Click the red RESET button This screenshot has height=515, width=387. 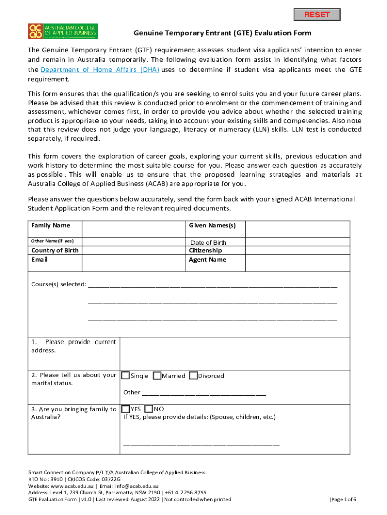pyautogui.click(x=316, y=14)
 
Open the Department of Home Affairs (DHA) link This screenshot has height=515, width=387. pyautogui.click(x=100, y=70)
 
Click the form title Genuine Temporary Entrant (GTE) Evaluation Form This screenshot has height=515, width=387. pyautogui.click(x=222, y=33)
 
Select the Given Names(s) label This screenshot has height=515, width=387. pyautogui.click(x=212, y=225)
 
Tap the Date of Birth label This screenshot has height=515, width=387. pyautogui.click(x=208, y=243)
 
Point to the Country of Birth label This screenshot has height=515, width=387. pyautogui.click(x=55, y=250)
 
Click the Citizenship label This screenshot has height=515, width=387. pyautogui.click(x=206, y=250)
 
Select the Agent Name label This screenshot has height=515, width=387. pyautogui.click(x=208, y=260)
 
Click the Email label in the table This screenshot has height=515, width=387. pyautogui.click(x=39, y=260)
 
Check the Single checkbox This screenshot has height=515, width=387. pyautogui.click(x=126, y=375)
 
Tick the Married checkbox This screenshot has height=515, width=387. pyautogui.click(x=157, y=375)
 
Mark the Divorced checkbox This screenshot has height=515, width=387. pyautogui.click(x=193, y=375)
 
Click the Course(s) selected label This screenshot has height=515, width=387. pyautogui.click(x=59, y=284)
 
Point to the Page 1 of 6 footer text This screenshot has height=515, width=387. pyautogui.click(x=343, y=499)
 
